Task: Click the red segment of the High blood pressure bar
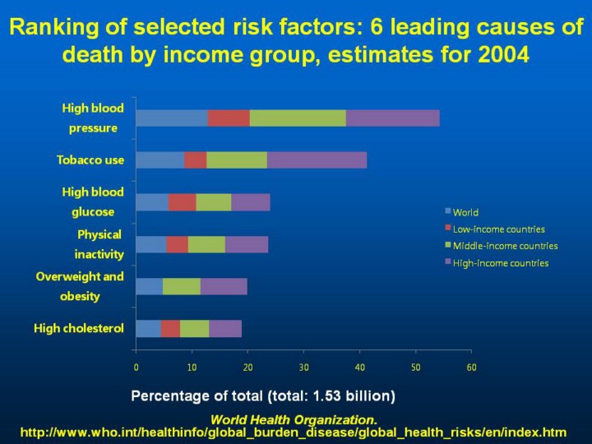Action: [x=229, y=118]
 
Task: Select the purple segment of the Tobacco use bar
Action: [x=317, y=160]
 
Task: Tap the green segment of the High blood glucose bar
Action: [x=214, y=202]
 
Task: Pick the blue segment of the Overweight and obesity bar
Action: [x=149, y=286]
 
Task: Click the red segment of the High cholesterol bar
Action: [x=170, y=329]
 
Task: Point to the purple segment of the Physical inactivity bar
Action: [x=247, y=244]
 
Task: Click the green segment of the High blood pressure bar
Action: [x=298, y=118]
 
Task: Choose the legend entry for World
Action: [x=465, y=213]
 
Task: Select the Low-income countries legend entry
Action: [x=497, y=229]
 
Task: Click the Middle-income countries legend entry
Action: [x=504, y=246]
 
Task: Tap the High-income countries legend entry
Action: [x=499, y=263]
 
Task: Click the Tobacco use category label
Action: [x=90, y=160]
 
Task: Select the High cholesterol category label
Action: [x=79, y=329]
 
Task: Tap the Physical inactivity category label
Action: [x=99, y=244]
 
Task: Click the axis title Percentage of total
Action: [x=263, y=396]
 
